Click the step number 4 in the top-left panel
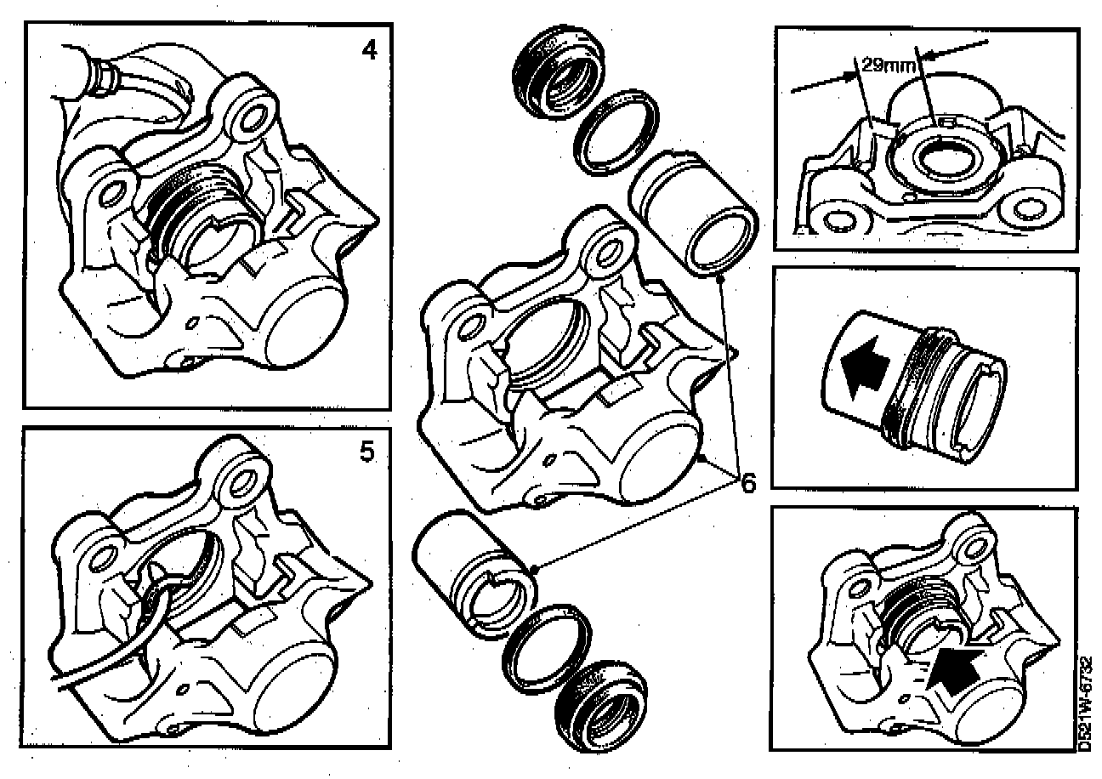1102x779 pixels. pyautogui.click(x=369, y=50)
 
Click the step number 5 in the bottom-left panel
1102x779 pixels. pyautogui.click(x=367, y=452)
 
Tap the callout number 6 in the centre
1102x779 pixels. pyautogui.click(x=747, y=483)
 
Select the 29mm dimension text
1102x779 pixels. pyautogui.click(x=889, y=65)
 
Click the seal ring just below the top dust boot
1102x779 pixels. pyautogui.click(x=616, y=133)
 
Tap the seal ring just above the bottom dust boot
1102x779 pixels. pyautogui.click(x=547, y=646)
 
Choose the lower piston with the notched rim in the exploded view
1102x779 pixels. pyautogui.click(x=475, y=575)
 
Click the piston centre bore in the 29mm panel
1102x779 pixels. pyautogui.click(x=941, y=159)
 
